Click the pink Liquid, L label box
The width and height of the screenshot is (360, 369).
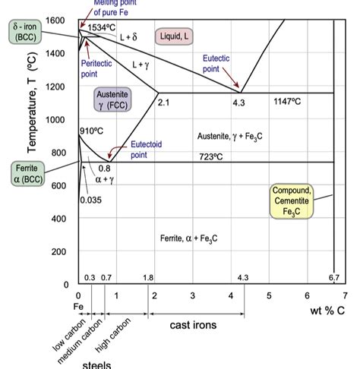(174, 36)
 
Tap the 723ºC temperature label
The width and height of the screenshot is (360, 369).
(210, 156)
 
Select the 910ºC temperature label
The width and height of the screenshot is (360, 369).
(90, 131)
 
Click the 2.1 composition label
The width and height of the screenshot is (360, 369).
(163, 102)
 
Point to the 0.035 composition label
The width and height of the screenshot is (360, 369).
(90, 200)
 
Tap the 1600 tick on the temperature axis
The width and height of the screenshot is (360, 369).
(55, 20)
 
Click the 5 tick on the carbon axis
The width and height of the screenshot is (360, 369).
(269, 295)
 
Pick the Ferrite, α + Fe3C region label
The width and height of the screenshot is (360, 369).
(189, 238)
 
